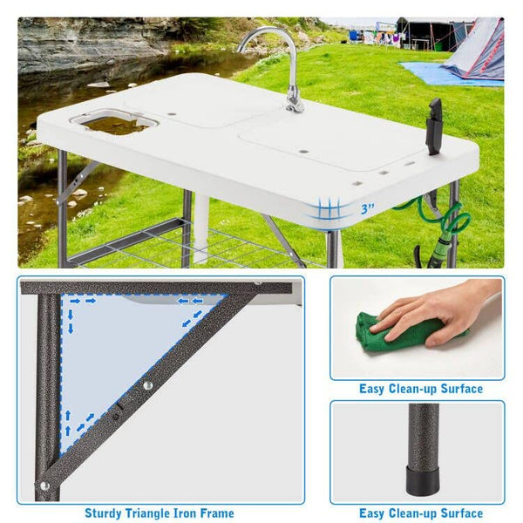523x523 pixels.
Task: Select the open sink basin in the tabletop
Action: click(x=115, y=123)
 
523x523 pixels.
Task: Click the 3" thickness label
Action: click(x=367, y=209)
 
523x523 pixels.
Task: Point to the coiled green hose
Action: click(x=444, y=221)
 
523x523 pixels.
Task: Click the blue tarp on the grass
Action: click(x=447, y=74)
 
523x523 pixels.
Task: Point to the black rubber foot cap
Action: click(x=422, y=480)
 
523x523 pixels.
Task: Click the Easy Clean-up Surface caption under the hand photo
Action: click(x=421, y=389)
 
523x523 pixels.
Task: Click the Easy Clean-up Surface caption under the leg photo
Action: click(x=421, y=513)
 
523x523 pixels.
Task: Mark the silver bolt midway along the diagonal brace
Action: click(x=147, y=386)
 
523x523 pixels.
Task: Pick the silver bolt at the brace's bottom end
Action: click(x=44, y=486)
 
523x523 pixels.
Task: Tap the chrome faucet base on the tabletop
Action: click(x=295, y=101)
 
